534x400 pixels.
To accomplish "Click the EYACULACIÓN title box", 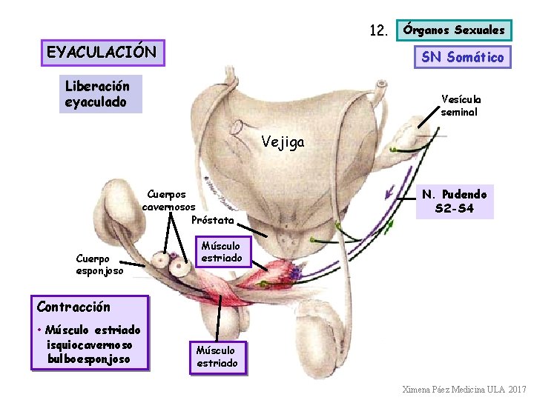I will click(x=102, y=53).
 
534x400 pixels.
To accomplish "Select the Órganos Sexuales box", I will click(x=454, y=30).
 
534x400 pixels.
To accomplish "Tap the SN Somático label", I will click(x=462, y=56).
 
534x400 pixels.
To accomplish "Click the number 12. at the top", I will click(x=379, y=31).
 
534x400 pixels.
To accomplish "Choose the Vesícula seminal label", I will click(x=461, y=105).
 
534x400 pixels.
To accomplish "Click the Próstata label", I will click(x=213, y=220).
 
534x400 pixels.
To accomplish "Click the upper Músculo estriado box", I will click(x=221, y=252).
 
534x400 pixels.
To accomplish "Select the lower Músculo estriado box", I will click(x=217, y=356).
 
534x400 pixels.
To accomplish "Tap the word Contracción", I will click(x=73, y=307).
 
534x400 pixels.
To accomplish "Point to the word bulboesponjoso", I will click(x=89, y=359).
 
